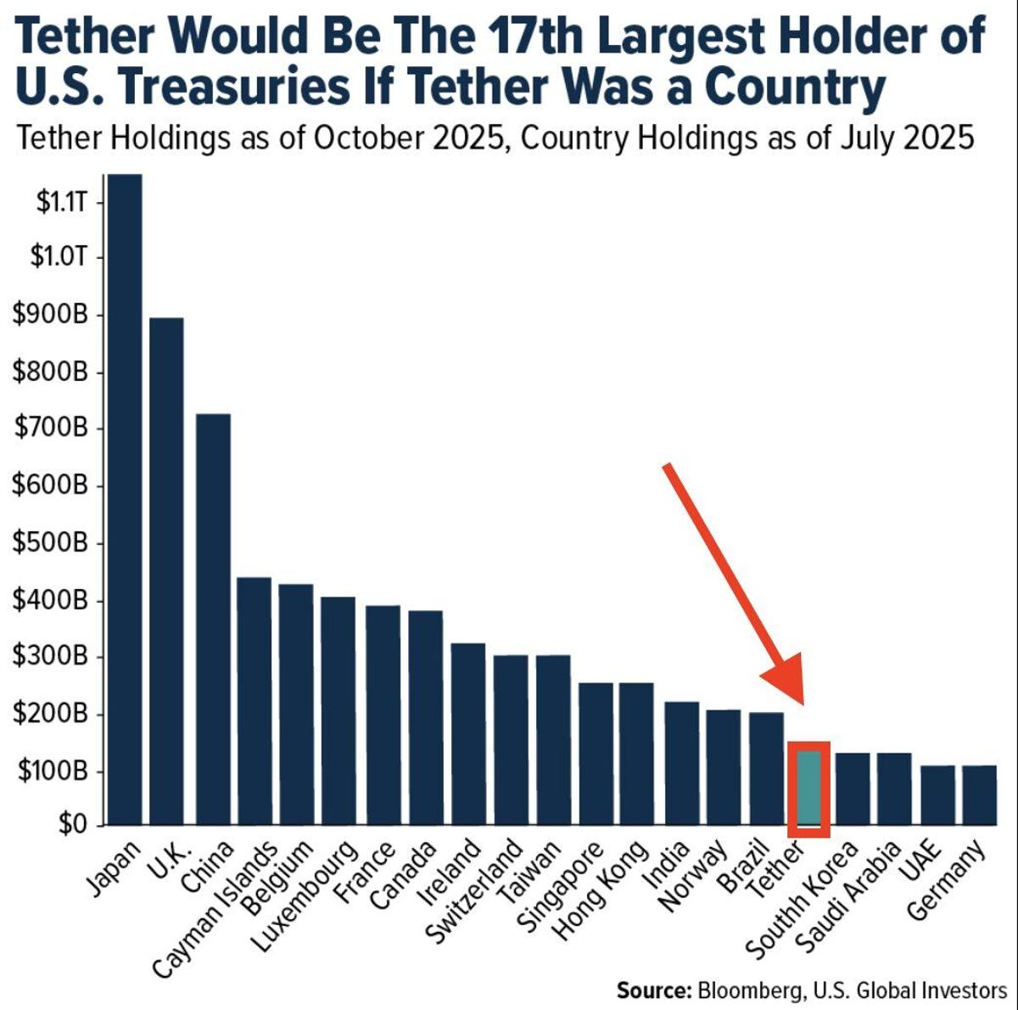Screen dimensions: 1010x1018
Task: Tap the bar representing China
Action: pos(212,620)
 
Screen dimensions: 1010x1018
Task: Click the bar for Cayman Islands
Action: pos(253,701)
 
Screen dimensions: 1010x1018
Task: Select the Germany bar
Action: pos(979,795)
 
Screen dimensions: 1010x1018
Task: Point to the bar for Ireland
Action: pos(467,734)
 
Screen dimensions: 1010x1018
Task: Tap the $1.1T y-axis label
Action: pos(57,202)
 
